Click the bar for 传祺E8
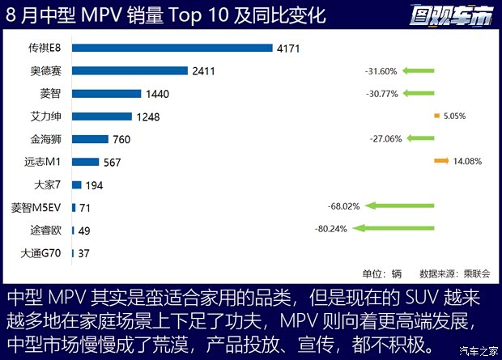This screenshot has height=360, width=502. tap(172, 48)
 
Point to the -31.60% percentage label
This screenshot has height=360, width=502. tap(381, 71)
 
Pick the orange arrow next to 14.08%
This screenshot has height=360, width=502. tap(441, 161)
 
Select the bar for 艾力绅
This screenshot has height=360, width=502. tap(103, 116)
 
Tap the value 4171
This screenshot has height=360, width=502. tap(288, 49)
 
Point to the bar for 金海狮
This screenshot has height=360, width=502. tap(90, 138)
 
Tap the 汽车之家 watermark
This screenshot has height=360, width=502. tap(478, 350)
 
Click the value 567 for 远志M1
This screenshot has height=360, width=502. tap(112, 163)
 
